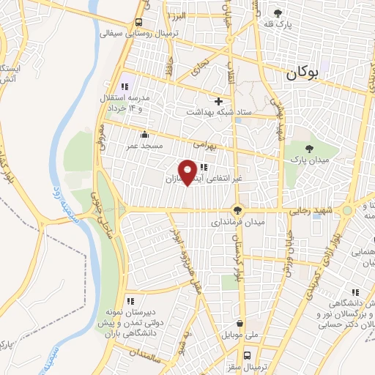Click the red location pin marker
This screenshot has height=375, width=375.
(x=187, y=171)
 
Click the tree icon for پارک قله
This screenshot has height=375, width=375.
(x=278, y=12)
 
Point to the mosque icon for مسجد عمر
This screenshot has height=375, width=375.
(x=144, y=135)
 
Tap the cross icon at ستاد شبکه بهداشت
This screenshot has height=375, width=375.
(x=218, y=100)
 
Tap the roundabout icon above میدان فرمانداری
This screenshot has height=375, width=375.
(x=236, y=210)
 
